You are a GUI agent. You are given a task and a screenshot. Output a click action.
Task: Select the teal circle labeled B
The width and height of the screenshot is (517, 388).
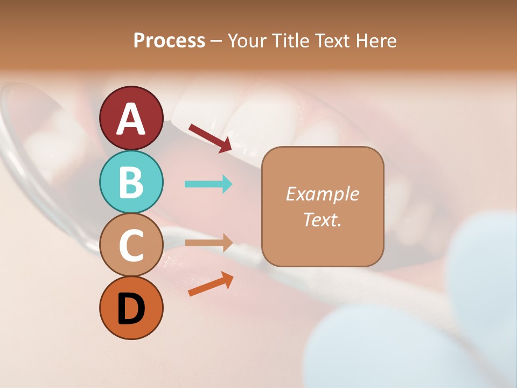click(131, 182)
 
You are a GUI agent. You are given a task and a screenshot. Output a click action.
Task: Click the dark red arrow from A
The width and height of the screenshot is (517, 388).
click(210, 137)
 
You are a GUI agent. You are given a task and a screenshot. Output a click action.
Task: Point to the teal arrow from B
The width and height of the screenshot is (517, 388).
click(208, 184)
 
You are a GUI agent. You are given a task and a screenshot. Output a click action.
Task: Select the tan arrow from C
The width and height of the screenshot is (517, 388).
click(208, 243)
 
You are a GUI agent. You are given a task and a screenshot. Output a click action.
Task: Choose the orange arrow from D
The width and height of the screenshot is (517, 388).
click(210, 285)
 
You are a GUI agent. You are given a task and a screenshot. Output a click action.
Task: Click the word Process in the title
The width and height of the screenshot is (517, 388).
click(169, 41)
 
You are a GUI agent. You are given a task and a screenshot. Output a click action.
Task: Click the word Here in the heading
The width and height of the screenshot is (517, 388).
click(377, 41)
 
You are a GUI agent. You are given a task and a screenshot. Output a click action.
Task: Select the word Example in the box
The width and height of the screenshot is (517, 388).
click(322, 194)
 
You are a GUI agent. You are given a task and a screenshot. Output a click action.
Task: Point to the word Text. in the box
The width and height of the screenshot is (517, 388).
click(322, 219)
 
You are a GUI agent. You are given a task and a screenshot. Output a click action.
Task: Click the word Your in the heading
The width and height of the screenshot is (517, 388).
click(247, 41)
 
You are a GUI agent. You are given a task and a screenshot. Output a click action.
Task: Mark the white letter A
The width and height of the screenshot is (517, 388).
click(131, 119)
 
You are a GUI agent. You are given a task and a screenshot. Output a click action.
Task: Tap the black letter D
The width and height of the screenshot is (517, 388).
click(131, 309)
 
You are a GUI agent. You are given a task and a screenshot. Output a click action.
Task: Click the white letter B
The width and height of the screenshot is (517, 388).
click(131, 182)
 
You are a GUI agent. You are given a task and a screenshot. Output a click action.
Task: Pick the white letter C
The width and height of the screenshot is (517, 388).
click(131, 245)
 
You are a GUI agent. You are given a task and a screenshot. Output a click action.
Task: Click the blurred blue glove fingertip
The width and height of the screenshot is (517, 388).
click(479, 253)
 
